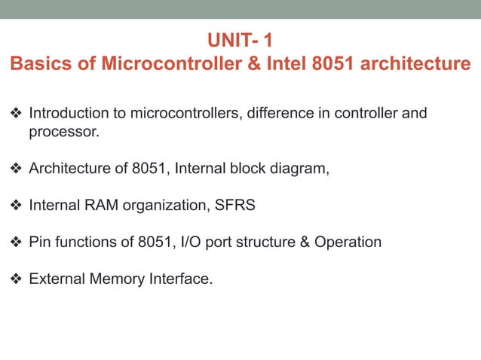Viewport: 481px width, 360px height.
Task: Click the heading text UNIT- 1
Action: pyautogui.click(x=240, y=39)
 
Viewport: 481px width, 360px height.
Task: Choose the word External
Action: pyautogui.click(x=55, y=279)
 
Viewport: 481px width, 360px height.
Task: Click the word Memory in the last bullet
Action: pyautogui.click(x=112, y=279)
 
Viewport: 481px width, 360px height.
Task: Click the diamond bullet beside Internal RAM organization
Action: pyautogui.click(x=16, y=205)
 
